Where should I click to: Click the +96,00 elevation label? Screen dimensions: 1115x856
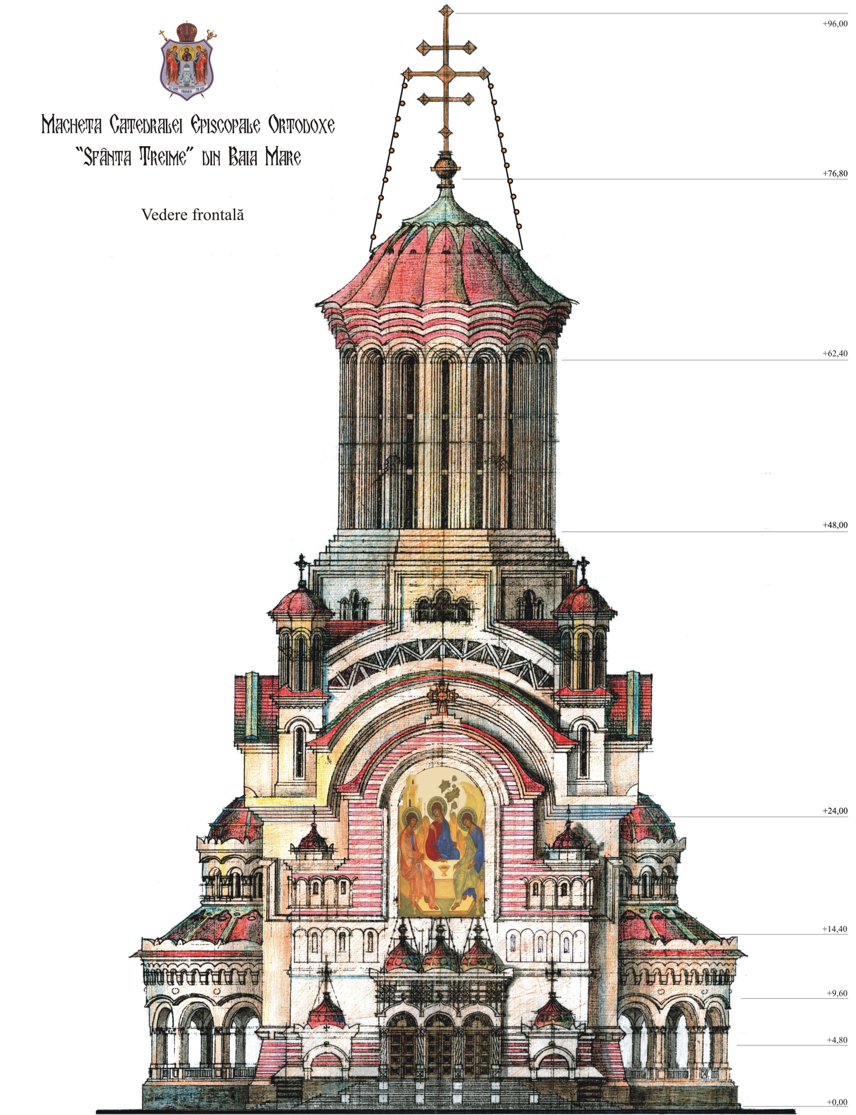(x=834, y=24)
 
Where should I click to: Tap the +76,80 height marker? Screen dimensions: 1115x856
(x=834, y=174)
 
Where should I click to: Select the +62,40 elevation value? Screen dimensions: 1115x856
(x=834, y=353)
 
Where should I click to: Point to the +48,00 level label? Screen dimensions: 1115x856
(x=834, y=525)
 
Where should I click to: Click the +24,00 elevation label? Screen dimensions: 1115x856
(x=834, y=811)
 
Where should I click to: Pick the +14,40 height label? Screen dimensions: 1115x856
(x=834, y=930)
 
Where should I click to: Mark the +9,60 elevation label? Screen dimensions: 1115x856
(x=836, y=993)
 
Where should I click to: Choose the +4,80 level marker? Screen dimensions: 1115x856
(x=836, y=1040)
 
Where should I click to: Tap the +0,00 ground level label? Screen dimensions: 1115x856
(x=836, y=1102)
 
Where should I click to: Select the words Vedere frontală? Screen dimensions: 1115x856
(x=192, y=215)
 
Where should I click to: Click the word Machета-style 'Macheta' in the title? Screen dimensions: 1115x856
(x=71, y=125)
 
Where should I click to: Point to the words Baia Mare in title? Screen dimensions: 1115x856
(x=264, y=158)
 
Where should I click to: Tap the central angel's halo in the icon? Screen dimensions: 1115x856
(x=440, y=810)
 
